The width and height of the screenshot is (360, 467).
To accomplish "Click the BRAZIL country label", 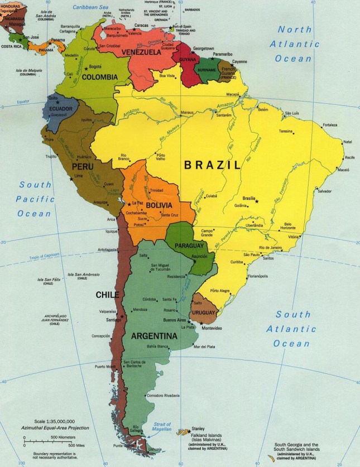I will [213, 165].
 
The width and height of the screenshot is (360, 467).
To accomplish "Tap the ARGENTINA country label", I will [154, 336].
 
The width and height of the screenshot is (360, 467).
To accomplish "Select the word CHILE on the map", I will [107, 294].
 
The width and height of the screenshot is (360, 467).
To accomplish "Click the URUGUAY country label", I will [203, 312].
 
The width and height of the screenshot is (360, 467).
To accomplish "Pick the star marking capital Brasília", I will [257, 201].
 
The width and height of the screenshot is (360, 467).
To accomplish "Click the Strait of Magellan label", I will [162, 429].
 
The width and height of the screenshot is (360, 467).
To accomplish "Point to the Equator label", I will [22, 102].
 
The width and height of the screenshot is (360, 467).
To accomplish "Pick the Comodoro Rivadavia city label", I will [163, 396].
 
